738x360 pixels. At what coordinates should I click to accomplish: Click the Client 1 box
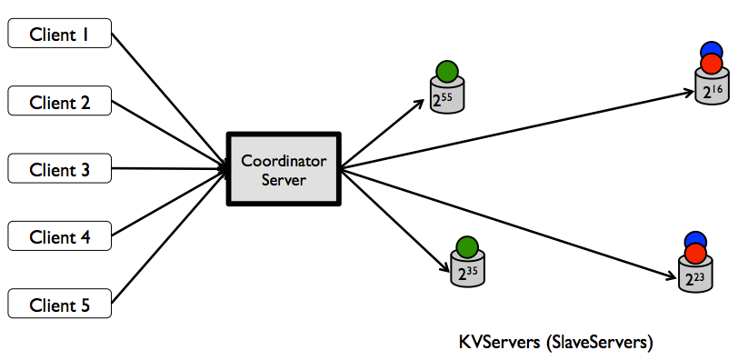59,35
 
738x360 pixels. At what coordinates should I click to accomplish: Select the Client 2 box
59,101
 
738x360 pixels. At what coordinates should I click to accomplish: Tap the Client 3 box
59,168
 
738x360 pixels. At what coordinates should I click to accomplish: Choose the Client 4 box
59,236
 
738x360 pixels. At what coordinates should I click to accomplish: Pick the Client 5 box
59,305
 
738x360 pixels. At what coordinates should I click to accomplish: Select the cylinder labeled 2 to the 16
711,92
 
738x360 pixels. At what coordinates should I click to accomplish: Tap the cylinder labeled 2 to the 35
466,271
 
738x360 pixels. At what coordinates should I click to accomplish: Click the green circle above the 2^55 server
445,71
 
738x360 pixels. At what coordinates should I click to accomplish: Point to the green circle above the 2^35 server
466,245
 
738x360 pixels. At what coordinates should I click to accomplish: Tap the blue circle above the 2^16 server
711,50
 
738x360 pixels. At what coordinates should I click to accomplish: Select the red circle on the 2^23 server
695,253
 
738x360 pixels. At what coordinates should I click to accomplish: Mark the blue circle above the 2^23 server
695,239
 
